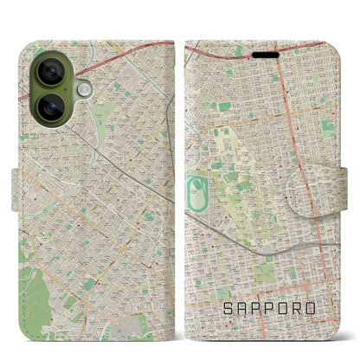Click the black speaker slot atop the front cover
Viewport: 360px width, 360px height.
pos(267,54)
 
